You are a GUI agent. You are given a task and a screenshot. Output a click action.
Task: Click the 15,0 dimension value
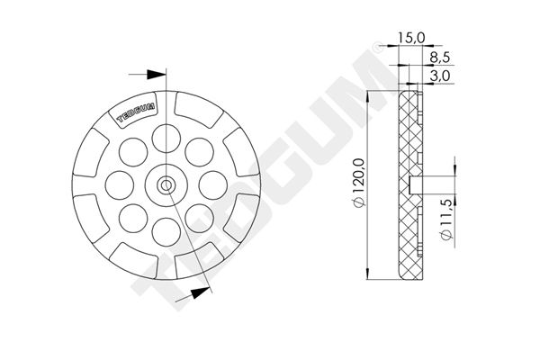tap(411, 38)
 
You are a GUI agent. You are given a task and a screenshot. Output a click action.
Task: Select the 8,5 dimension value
tap(440, 58)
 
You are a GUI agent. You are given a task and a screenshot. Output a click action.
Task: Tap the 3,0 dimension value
tap(440, 76)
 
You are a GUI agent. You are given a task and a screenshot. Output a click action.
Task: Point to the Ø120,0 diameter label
tap(358, 183)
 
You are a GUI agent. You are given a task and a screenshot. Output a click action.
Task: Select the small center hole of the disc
tap(166, 185)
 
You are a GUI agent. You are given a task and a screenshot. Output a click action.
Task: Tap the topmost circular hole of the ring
tap(166, 139)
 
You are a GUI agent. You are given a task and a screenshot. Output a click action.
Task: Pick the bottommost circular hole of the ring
tap(166, 232)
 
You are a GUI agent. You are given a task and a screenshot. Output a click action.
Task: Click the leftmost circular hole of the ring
tap(120, 185)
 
